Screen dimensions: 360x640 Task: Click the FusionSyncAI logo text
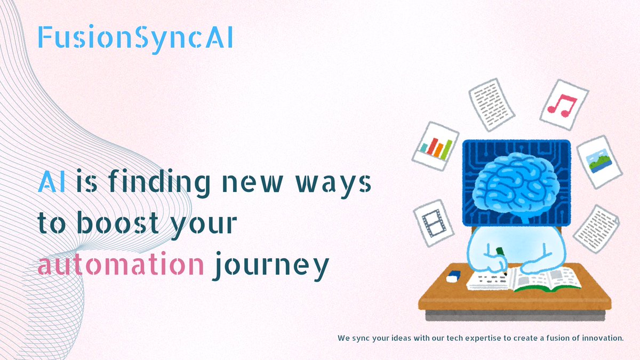(135, 38)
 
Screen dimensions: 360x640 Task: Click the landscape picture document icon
(599, 161)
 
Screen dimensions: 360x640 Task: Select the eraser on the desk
(453, 276)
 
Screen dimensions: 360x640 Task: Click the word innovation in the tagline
(602, 338)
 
